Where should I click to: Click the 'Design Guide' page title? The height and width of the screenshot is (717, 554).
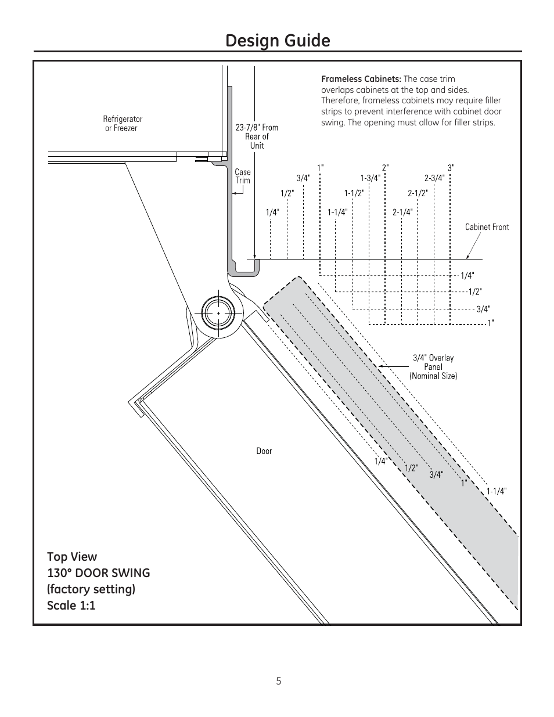coord(277,41)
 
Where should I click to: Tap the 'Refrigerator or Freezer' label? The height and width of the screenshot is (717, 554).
coord(123,123)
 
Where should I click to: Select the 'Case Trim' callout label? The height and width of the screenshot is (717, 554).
coord(243,176)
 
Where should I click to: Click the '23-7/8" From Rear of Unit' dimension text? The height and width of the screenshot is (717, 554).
coord(257,136)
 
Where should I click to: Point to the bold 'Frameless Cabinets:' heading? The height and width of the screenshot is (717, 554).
coord(361,79)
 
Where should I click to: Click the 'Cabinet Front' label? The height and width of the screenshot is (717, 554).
coord(487,227)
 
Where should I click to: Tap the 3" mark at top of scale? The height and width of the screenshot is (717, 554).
coord(451,167)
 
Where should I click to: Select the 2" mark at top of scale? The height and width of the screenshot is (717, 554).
coord(385,167)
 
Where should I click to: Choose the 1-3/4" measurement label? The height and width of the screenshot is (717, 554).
coord(370,178)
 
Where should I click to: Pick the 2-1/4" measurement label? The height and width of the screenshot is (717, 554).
coord(402,212)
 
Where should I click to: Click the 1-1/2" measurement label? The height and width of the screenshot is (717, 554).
coord(354,193)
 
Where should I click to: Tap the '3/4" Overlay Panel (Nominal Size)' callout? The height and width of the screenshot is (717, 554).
coord(433,367)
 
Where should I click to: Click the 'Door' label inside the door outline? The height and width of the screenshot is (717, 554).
coord(264,451)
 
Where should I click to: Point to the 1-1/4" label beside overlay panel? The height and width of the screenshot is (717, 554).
coord(497,491)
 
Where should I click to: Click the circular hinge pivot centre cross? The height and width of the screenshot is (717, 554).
coord(218,312)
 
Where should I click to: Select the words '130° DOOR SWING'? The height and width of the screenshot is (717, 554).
coord(98,573)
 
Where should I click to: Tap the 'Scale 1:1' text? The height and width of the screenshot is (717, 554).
coord(71,606)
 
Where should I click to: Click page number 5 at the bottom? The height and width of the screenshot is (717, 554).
coord(279,681)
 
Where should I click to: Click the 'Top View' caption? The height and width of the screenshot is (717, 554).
coord(72,557)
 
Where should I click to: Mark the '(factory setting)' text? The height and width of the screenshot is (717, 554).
coord(91,589)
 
